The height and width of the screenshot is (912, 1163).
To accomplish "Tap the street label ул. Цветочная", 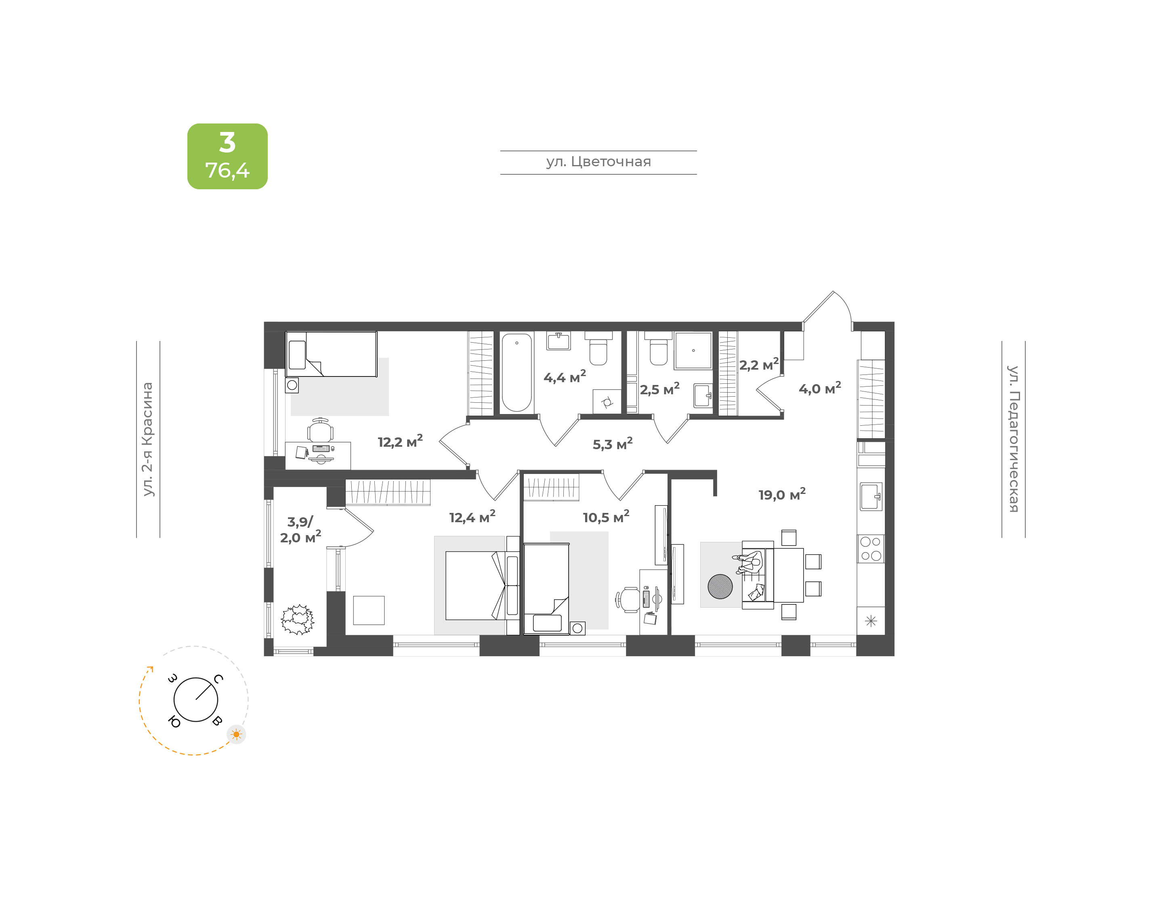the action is [598, 162].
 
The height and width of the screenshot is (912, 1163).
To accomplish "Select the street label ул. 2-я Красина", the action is [147, 439].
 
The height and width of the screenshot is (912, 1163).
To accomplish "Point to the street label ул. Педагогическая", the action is [1014, 439].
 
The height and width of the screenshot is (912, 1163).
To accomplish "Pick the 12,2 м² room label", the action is [400, 441].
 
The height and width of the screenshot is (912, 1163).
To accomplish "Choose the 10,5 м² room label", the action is [606, 517].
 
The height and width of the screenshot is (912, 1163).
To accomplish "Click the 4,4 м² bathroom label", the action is [565, 377].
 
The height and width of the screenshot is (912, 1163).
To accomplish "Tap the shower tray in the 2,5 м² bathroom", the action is [693, 350].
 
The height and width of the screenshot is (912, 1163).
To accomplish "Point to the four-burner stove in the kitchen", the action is [871, 548].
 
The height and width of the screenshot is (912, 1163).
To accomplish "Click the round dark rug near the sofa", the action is [720, 586].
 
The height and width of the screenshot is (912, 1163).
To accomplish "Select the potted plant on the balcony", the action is [298, 619].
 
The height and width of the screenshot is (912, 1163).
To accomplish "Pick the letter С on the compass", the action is [218, 679].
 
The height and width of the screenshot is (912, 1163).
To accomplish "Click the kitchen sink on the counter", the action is [871, 496].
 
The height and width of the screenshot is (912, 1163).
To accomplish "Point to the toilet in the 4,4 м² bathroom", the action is [598, 349].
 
